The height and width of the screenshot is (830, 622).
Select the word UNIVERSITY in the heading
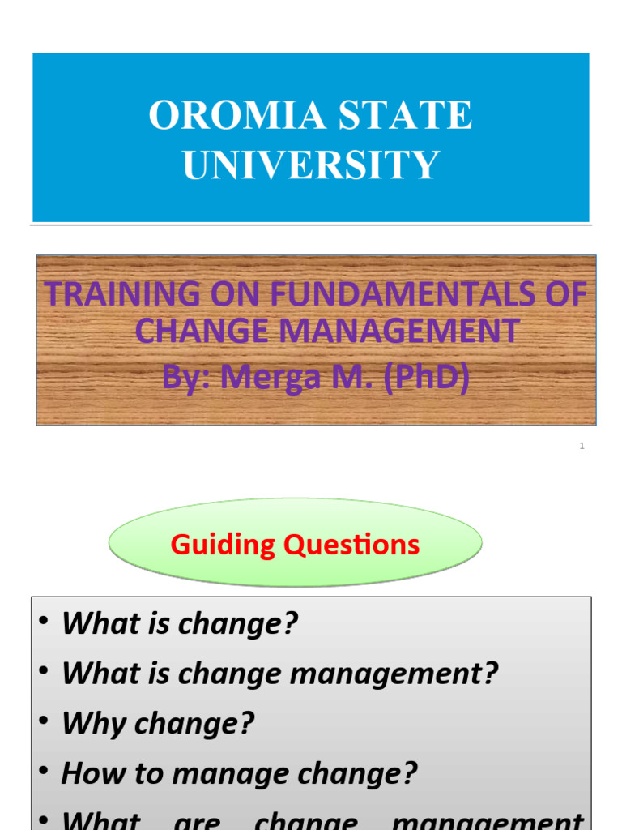311,165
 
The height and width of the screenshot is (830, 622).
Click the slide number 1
582,446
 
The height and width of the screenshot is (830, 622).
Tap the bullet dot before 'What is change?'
44,622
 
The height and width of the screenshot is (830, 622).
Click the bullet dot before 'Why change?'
44,721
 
